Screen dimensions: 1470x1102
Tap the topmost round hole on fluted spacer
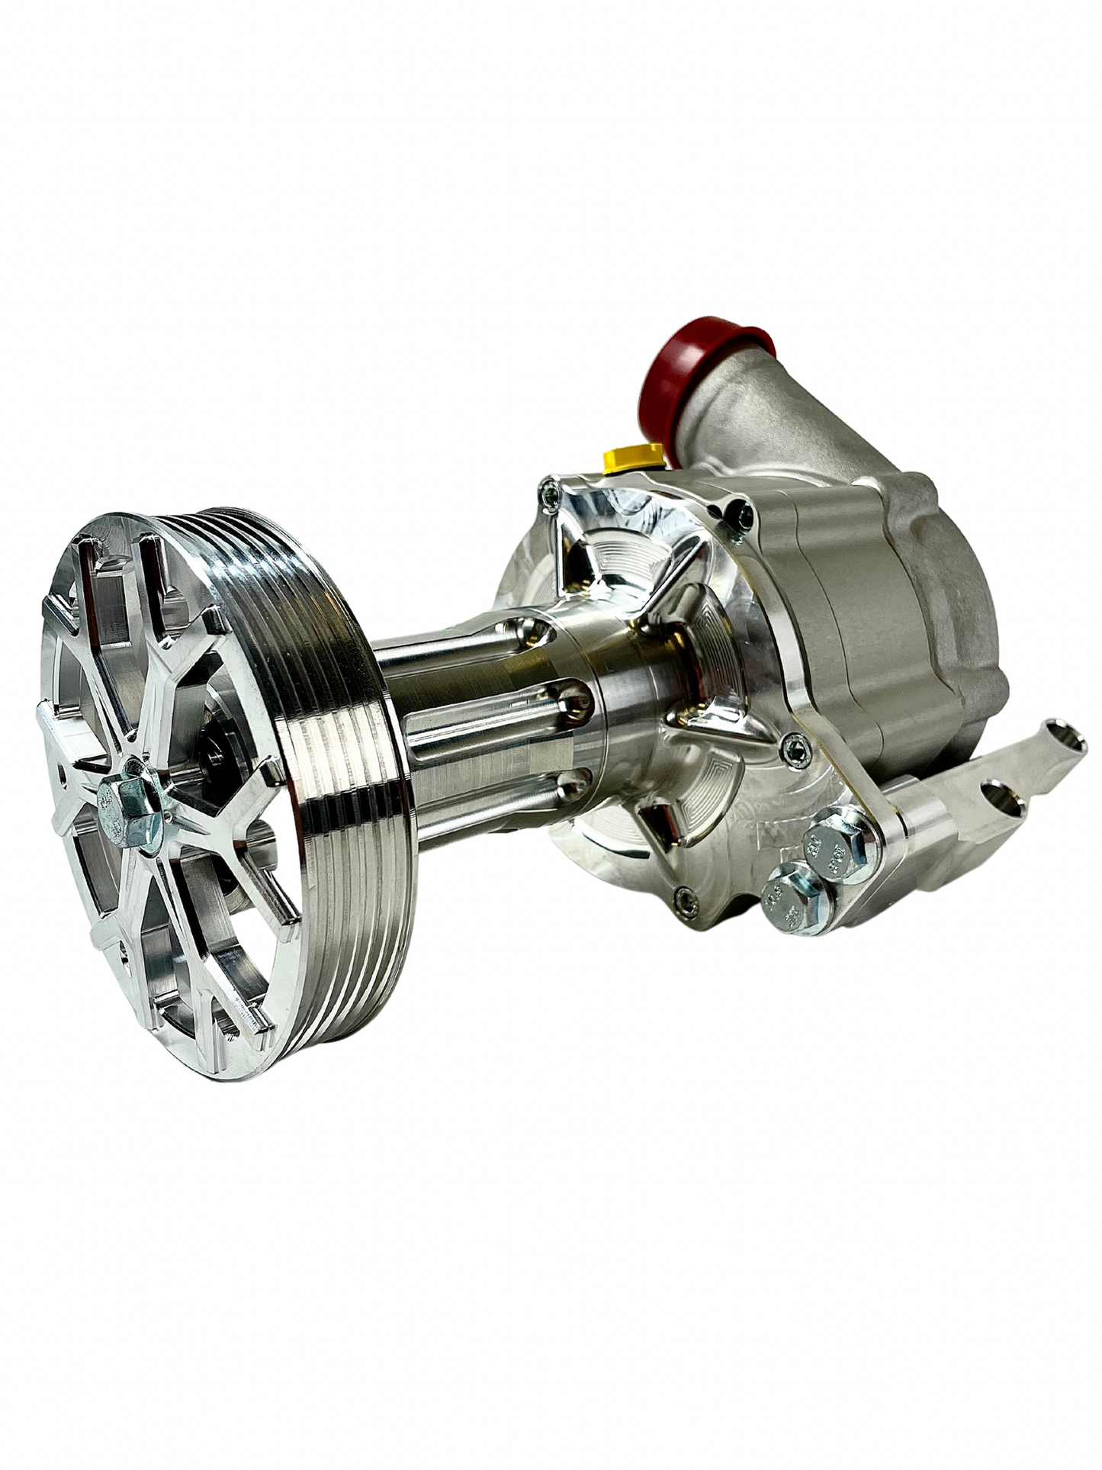pyautogui.click(x=534, y=629)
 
